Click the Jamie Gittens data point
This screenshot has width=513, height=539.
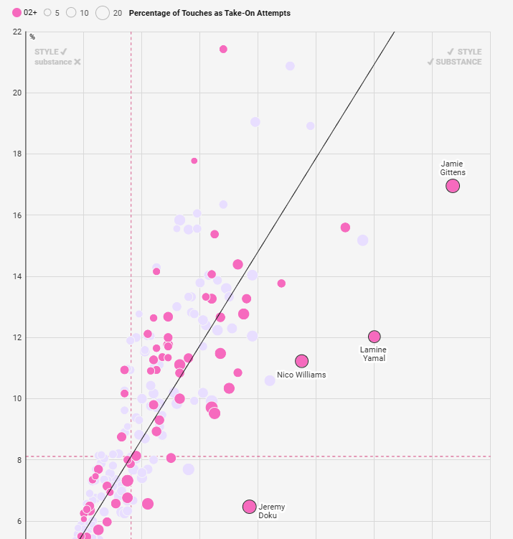[453, 186]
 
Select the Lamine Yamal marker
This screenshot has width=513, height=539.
[374, 337]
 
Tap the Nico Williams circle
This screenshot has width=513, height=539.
[301, 361]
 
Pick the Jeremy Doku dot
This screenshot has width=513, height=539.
[249, 507]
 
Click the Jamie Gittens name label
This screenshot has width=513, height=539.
[453, 168]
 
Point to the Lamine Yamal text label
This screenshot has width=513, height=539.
[373, 354]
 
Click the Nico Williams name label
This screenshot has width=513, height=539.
[301, 375]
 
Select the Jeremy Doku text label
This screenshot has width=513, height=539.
[271, 511]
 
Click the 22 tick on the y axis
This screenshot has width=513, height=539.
[17, 32]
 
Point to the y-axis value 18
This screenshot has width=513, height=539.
[17, 154]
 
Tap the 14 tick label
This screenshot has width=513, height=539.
[17, 276]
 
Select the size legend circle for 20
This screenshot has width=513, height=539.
[103, 13]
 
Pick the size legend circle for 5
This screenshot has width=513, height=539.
[47, 13]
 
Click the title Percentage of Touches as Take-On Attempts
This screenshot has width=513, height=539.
[210, 13]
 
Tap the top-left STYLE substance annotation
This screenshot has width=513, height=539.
[57, 57]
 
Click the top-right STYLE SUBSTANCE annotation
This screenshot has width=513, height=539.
[454, 57]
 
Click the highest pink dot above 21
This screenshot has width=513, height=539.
[223, 49]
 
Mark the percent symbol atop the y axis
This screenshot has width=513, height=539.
[32, 37]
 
